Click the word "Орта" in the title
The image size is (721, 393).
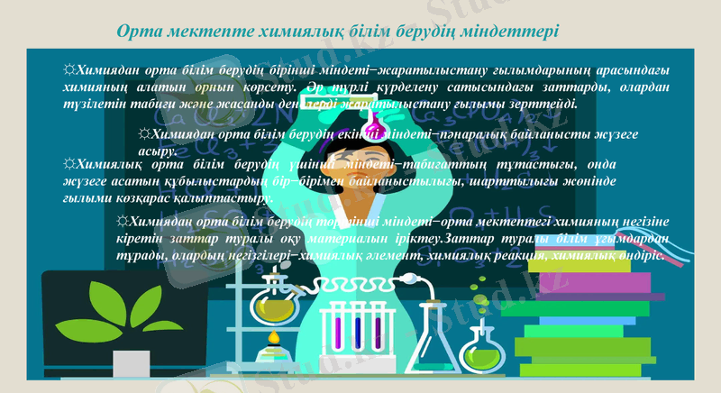click(x=141, y=32)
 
